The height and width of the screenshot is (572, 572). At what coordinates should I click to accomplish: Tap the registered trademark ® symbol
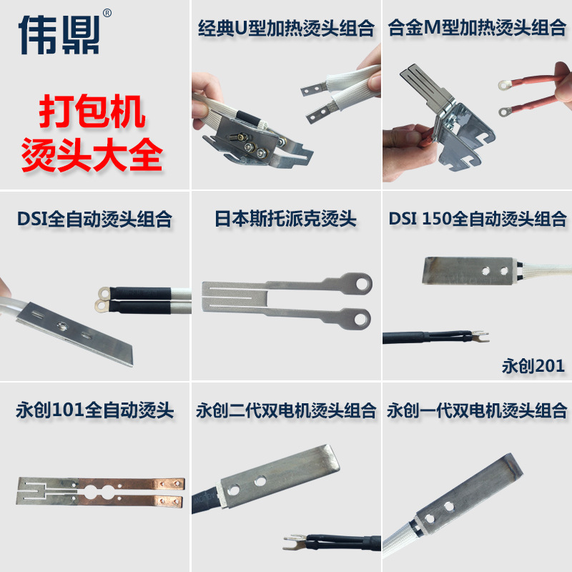coord(107,13)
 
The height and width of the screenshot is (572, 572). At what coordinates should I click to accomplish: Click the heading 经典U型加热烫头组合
coord(286,29)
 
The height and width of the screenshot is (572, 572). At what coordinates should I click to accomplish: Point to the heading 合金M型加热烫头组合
coord(476,29)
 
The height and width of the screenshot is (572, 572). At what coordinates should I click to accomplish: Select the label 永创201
coord(533,366)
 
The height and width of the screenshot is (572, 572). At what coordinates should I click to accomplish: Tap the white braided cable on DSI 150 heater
coord(543,270)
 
